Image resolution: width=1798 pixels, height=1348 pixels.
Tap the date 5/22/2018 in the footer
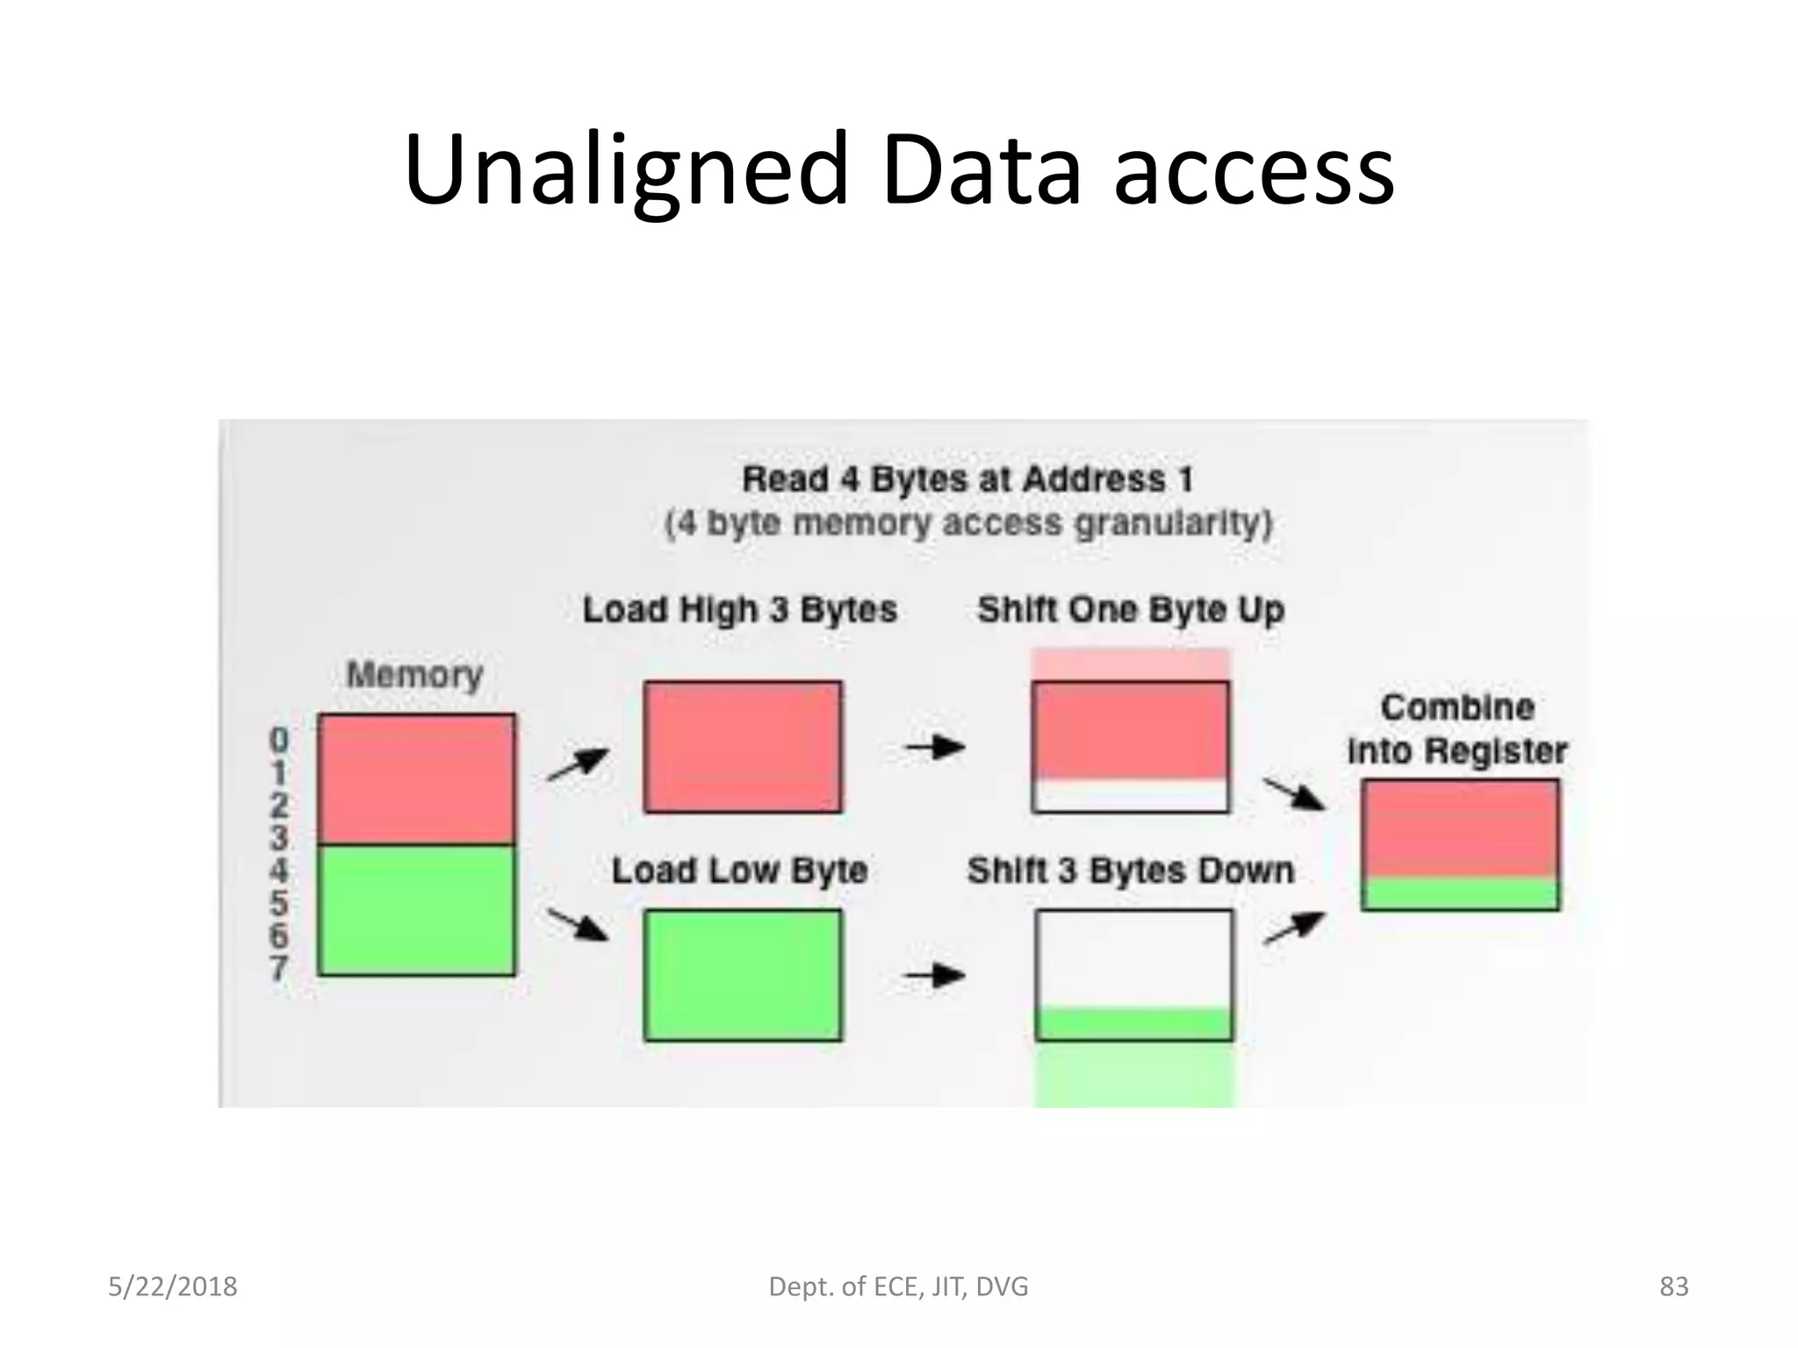pos(173,1287)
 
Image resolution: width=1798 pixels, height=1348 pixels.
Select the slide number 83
pos(1673,1287)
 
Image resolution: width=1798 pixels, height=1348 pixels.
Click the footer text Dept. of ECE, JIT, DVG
pos(898,1287)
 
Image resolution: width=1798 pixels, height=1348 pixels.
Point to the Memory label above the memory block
pos(415,675)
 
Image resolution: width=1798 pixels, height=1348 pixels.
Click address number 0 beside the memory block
pos(278,740)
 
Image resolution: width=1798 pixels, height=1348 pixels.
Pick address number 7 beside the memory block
pos(278,969)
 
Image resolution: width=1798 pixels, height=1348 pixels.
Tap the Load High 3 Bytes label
pos(740,610)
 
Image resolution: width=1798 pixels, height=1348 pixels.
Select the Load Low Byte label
pos(740,871)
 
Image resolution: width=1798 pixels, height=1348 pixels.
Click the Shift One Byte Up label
pos(1131,610)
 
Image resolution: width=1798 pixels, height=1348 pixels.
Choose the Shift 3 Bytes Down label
pos(1131,871)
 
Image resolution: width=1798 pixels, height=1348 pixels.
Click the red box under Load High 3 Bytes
pos(743,747)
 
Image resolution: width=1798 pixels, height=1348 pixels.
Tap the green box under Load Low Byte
pos(743,975)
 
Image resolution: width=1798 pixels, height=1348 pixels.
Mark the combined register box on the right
pos(1460,844)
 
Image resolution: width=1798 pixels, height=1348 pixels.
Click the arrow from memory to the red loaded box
pos(578,764)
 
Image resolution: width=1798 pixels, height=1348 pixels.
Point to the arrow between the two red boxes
pos(935,748)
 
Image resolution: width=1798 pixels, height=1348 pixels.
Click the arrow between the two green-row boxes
pos(935,975)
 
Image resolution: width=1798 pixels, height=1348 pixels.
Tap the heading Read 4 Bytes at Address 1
pos(967,479)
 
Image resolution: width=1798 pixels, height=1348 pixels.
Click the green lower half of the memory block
pos(416,910)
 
